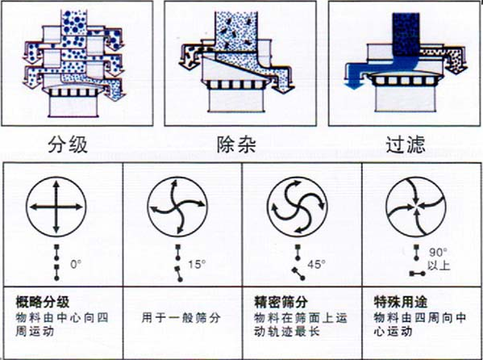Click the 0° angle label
tap(77, 263)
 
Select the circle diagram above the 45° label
tap(296, 207)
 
